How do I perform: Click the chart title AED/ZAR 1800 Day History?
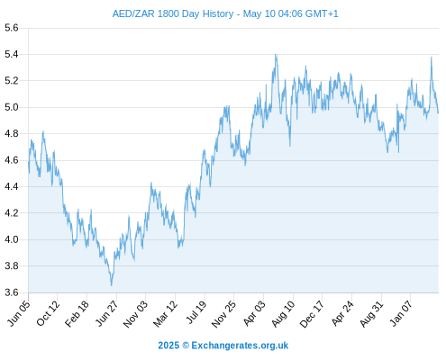173,13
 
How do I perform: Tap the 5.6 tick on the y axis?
12,28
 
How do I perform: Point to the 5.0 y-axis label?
12,107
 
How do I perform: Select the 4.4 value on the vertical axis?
12,186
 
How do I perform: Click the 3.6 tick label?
12,292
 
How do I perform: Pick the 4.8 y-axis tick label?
12,133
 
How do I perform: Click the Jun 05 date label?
19,313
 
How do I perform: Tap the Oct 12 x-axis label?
48,313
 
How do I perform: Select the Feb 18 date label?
77,313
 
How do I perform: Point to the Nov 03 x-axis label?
136,314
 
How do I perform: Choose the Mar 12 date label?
166,313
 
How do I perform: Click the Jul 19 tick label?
196,312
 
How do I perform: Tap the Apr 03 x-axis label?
254,313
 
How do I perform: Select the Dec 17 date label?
313,314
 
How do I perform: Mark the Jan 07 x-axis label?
401,313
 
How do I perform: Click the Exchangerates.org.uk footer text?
240,346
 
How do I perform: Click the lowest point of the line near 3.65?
112,285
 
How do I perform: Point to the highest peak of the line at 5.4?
276,55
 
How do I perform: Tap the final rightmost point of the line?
438,112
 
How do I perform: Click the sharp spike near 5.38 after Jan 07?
432,58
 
